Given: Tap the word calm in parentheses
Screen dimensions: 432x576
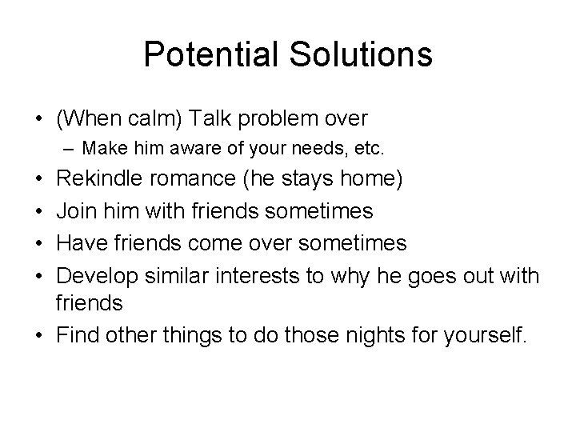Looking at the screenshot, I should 155,119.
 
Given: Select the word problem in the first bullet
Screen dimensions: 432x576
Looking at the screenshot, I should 270,119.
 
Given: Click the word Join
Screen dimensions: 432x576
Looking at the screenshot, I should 74,211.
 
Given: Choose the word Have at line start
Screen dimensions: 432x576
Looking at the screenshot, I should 78,242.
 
